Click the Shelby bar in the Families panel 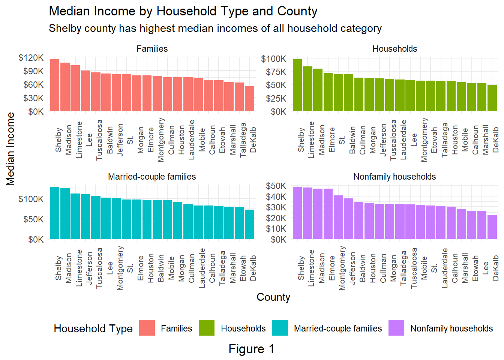click(x=55, y=85)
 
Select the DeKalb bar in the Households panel click(x=492, y=98)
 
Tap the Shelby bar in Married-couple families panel click(x=55, y=213)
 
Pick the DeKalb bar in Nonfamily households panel click(x=492, y=227)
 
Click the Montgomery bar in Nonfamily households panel click(x=339, y=217)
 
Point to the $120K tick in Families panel click(x=31, y=58)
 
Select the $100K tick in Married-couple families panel click(x=31, y=199)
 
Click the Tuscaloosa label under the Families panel click(x=99, y=140)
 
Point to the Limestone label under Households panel click(x=311, y=139)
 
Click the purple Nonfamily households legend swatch click(x=396, y=328)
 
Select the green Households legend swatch click(x=207, y=328)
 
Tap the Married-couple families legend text click(x=337, y=328)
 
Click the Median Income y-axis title click(x=10, y=149)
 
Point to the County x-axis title click(x=273, y=297)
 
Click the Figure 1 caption click(x=251, y=349)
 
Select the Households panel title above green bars click(x=394, y=49)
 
